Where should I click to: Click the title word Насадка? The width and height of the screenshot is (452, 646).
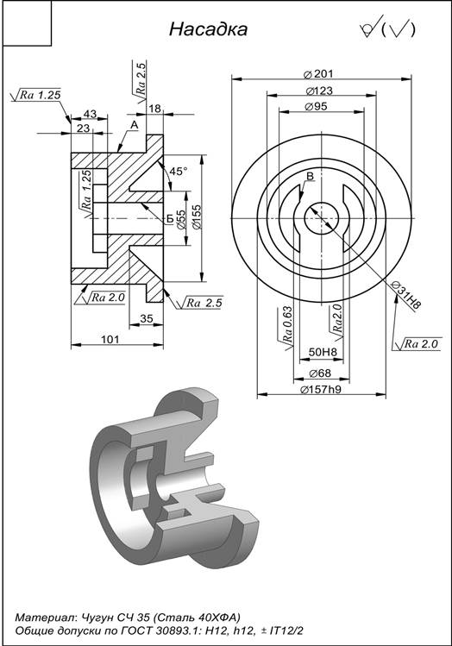point(208,29)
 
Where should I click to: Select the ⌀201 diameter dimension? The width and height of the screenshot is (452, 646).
point(318,74)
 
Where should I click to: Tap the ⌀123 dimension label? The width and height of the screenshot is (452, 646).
point(319,91)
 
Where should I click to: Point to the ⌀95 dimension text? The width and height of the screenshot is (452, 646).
point(316,106)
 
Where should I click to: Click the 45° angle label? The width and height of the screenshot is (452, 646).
point(179,171)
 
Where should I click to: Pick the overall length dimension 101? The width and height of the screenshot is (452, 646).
point(110,339)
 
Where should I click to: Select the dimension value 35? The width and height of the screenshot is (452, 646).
point(147,318)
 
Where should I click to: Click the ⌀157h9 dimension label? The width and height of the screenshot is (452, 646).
point(321,389)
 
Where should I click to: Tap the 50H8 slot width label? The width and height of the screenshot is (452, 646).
point(323,352)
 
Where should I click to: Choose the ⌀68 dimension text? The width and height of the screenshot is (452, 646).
point(320,373)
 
